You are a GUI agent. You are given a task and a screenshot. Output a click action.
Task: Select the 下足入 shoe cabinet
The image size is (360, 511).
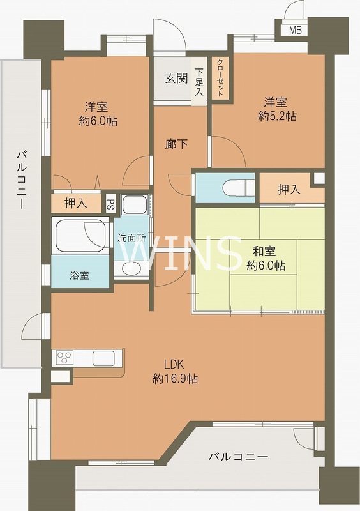pyautogui.click(x=200, y=82)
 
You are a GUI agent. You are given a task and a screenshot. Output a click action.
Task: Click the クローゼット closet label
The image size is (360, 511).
pyautogui.click(x=220, y=77)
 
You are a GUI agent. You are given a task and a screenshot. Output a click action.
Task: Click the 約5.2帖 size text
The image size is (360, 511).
pyautogui.click(x=277, y=116)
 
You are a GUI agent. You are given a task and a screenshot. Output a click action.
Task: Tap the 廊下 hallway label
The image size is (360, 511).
pyautogui.click(x=176, y=144)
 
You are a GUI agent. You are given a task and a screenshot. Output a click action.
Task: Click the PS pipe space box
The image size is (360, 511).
pyautogui.click(x=110, y=204)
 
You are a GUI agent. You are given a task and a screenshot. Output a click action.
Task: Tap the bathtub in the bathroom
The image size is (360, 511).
pyautogui.click(x=80, y=235)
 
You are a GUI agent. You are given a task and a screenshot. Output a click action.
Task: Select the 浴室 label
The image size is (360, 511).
pyautogui.click(x=79, y=276)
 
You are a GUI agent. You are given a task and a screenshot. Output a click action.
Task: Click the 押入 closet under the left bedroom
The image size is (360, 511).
pyautogui.click(x=76, y=204)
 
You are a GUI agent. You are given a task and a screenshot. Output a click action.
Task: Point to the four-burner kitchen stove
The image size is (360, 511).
pyautogui.click(x=64, y=358)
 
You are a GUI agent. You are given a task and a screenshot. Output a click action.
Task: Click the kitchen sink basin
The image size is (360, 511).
pyautogui.click(x=103, y=358)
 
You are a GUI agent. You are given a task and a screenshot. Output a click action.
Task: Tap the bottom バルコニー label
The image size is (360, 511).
pyautogui.click(x=238, y=457)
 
